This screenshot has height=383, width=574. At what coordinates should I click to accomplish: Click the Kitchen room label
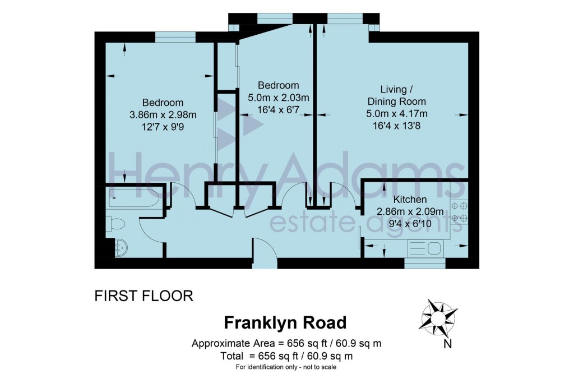point(410,200)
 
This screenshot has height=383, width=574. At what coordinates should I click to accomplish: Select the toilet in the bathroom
point(117,224)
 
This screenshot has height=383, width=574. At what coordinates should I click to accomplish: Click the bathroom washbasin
point(120,246)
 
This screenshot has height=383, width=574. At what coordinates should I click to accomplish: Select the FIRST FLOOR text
point(144,296)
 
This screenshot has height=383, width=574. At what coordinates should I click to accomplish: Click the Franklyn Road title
point(285,323)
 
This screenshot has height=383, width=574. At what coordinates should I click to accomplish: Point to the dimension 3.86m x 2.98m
point(163,115)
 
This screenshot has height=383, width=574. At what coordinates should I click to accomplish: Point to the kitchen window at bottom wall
point(424,261)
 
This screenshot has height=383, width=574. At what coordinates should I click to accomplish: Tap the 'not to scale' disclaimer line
point(286,367)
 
